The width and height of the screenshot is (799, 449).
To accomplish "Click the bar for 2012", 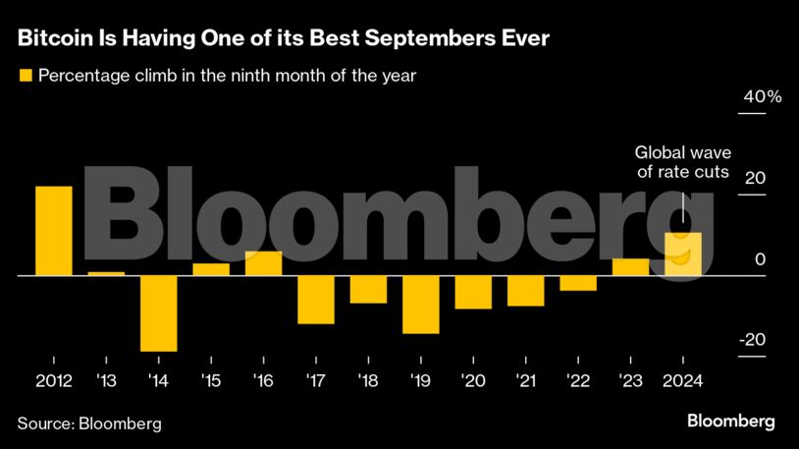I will pyautogui.click(x=54, y=231).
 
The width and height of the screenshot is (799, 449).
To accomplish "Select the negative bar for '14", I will pyautogui.click(x=159, y=313).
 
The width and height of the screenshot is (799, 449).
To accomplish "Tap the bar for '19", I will pyautogui.click(x=421, y=305).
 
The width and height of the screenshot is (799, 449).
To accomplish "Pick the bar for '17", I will pyautogui.click(x=316, y=300).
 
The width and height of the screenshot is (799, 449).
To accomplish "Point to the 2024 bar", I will pyautogui.click(x=683, y=254).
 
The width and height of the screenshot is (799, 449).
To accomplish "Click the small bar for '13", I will pyautogui.click(x=106, y=273).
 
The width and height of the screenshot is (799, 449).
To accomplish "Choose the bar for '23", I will pyautogui.click(x=630, y=267).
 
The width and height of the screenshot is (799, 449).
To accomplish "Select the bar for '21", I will pyautogui.click(x=525, y=291).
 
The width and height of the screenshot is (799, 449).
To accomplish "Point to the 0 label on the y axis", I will pyautogui.click(x=758, y=259).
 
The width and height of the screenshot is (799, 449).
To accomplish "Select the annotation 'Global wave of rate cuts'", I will pyautogui.click(x=682, y=162).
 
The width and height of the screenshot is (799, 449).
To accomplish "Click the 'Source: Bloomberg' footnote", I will pyautogui.click(x=89, y=423).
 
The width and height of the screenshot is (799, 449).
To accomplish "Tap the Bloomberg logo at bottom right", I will pyautogui.click(x=730, y=421).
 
